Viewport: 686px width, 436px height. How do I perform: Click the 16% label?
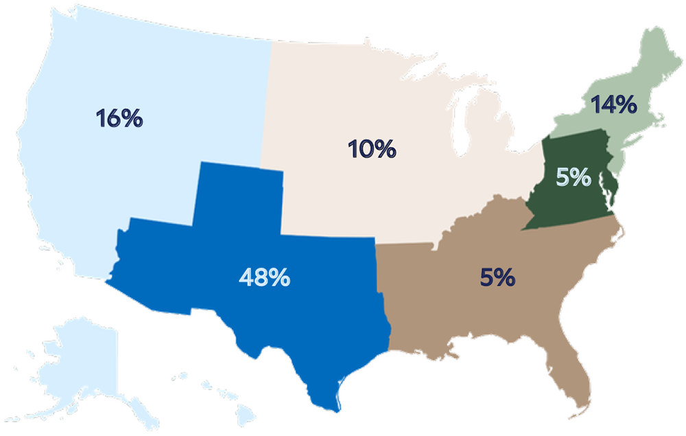[119, 117]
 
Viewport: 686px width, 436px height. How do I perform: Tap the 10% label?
[372, 148]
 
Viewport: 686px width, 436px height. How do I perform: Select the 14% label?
[615, 105]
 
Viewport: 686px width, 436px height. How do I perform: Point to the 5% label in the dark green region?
[573, 177]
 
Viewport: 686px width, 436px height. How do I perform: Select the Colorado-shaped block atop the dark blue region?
[237, 199]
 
